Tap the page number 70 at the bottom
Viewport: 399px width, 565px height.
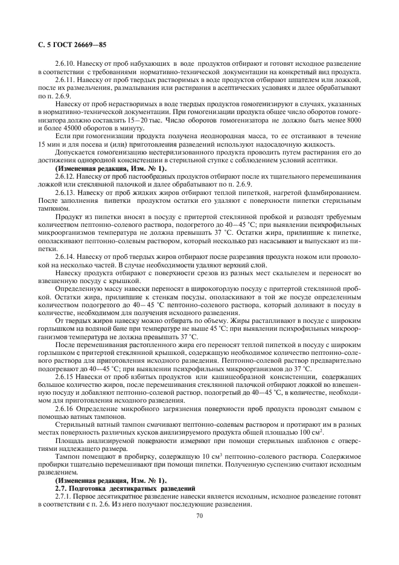point(199,516)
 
